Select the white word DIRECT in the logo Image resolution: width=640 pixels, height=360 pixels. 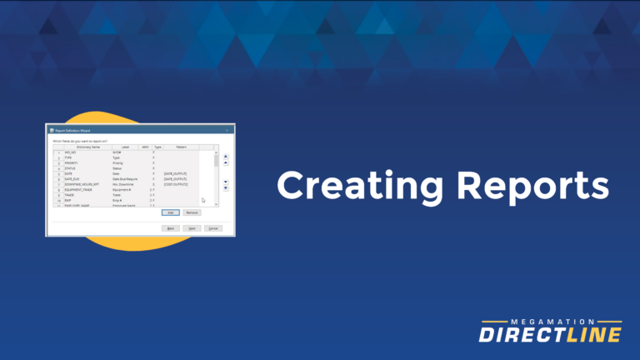521,335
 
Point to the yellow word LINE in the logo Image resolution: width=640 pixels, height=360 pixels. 592,335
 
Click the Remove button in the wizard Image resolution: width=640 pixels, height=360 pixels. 192,212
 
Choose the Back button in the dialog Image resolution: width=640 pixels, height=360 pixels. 170,227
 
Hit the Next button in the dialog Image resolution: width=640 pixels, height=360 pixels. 192,227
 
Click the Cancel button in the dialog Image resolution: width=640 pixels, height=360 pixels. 213,227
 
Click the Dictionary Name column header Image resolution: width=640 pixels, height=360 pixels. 87,147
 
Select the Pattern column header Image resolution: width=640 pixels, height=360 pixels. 181,147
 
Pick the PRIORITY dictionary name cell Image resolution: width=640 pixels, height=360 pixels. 70,162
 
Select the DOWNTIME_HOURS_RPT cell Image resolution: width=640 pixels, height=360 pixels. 82,183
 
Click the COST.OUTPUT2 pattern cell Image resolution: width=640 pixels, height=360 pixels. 176,183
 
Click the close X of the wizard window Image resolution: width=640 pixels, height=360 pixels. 227,130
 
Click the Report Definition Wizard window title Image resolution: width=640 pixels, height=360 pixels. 73,130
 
